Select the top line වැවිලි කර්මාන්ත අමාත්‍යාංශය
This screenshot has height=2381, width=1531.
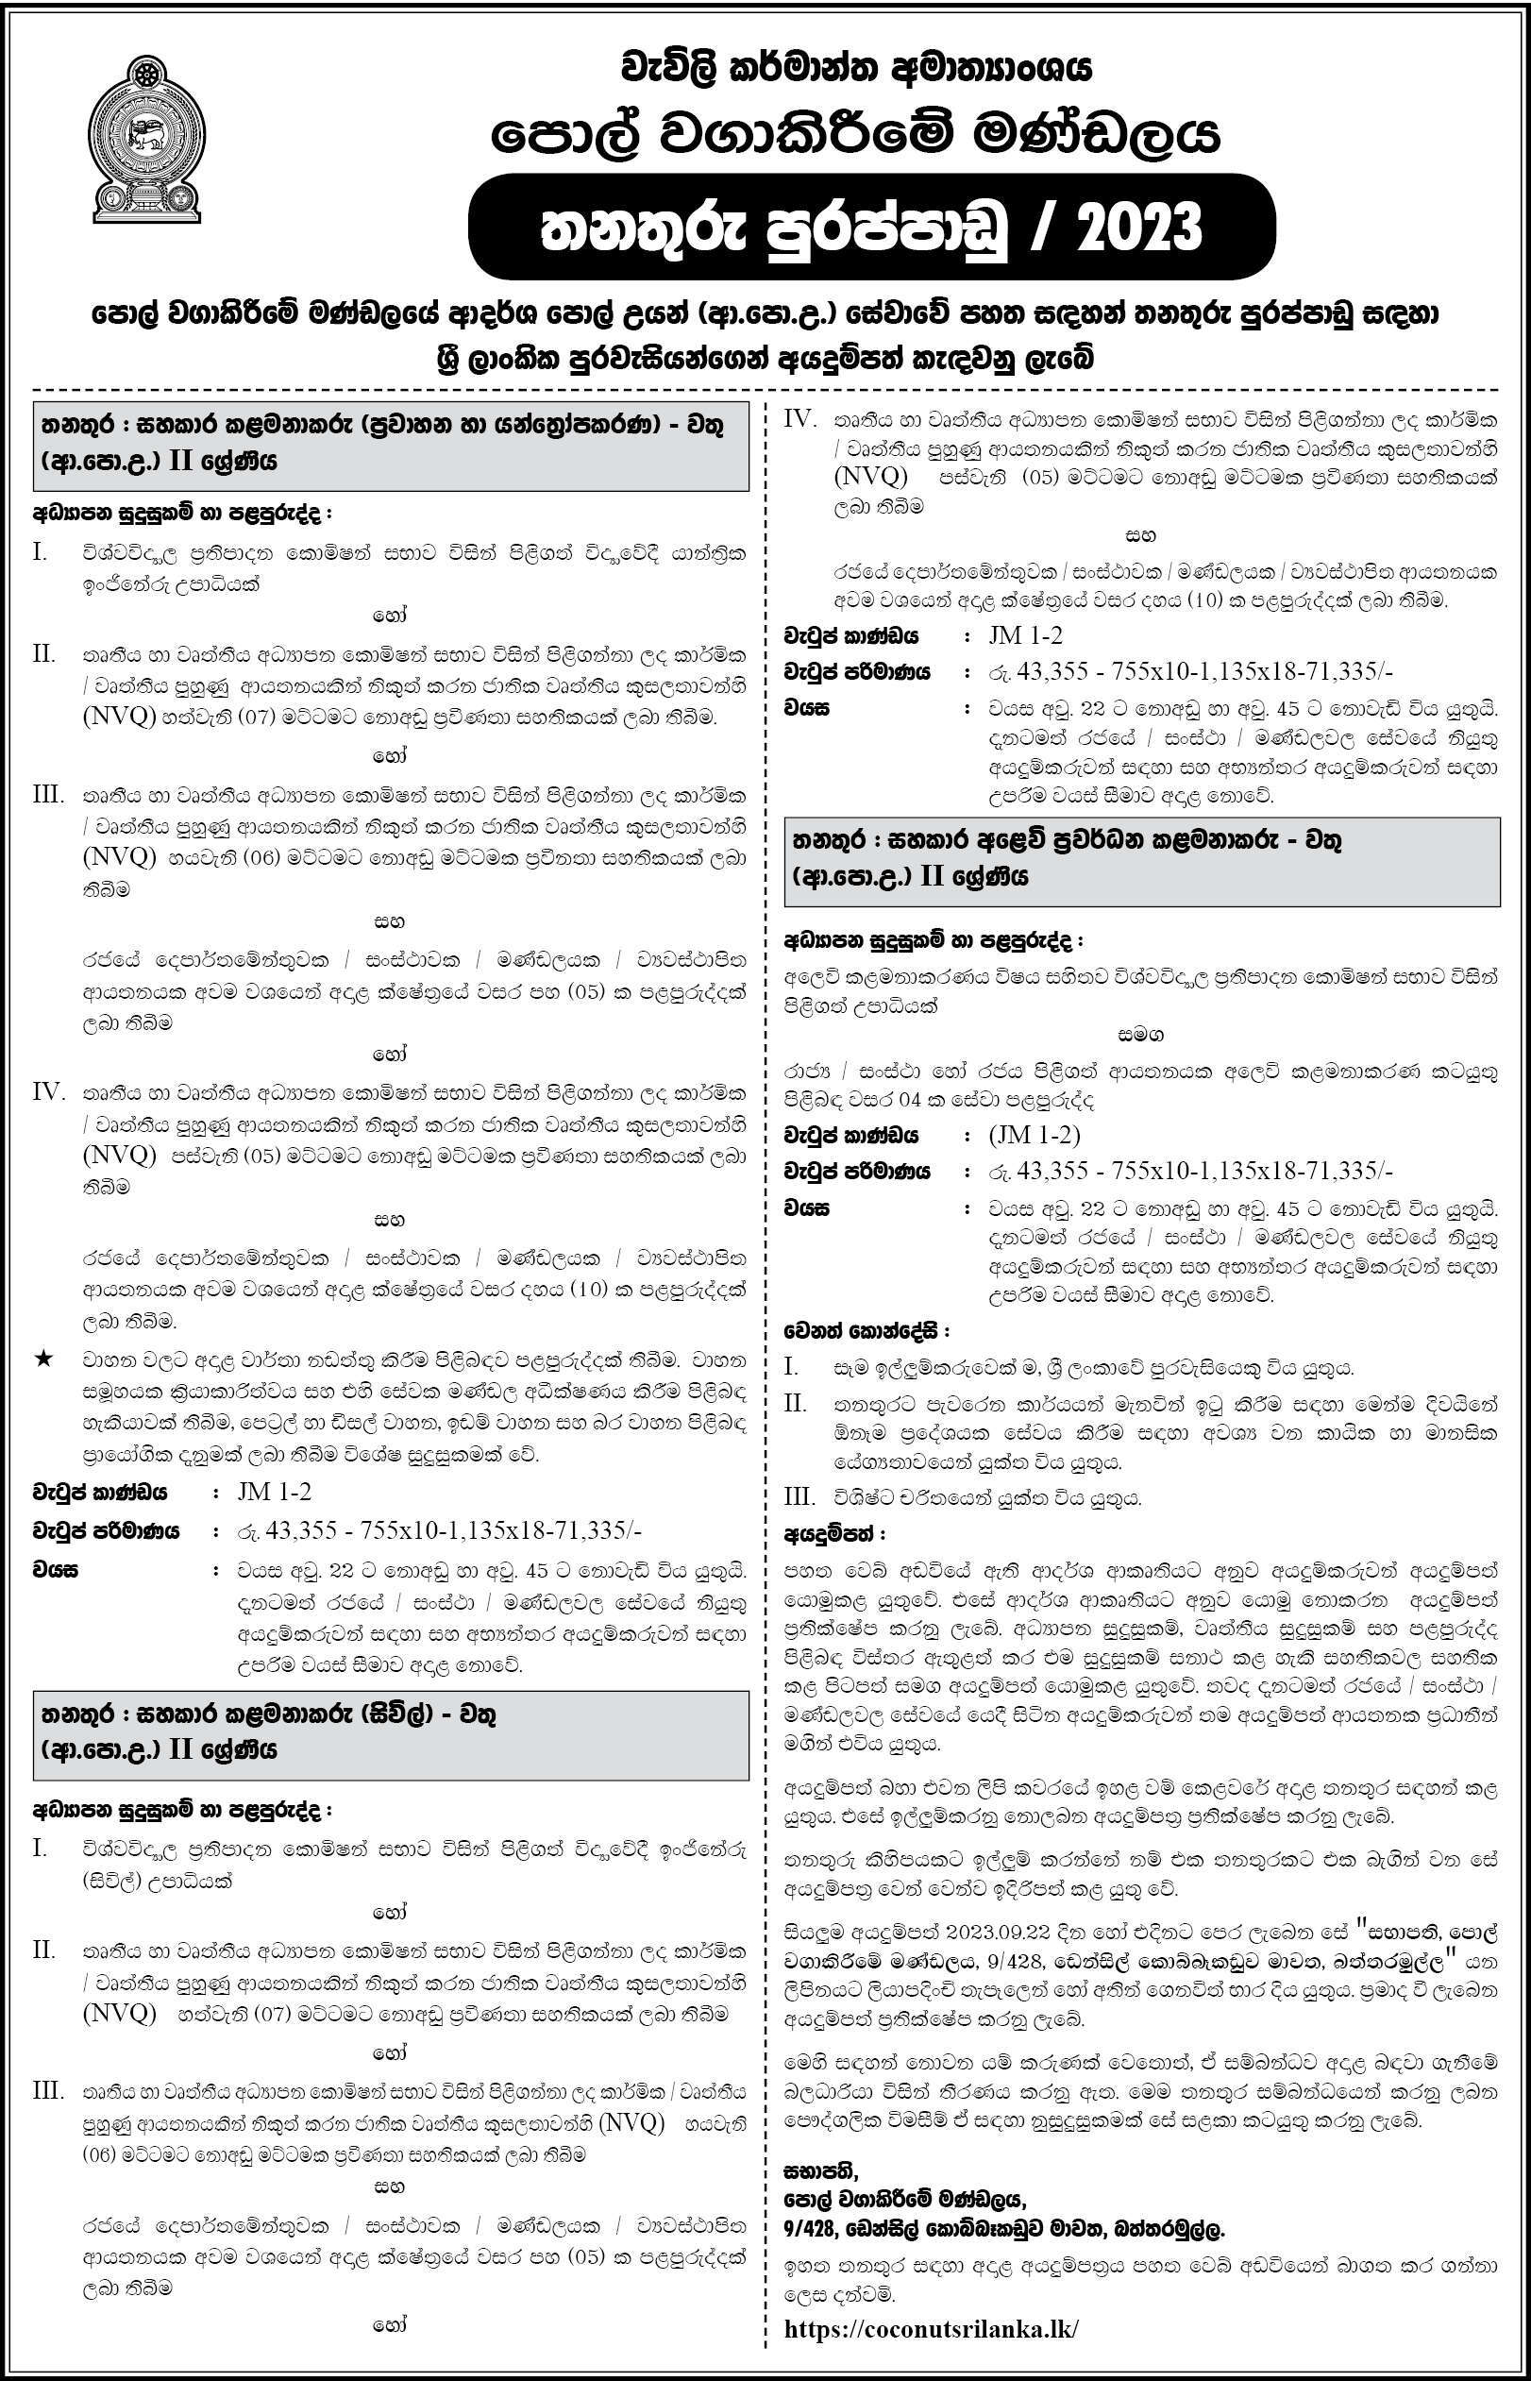click(x=854, y=70)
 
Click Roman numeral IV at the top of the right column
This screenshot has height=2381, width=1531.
click(x=800, y=418)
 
